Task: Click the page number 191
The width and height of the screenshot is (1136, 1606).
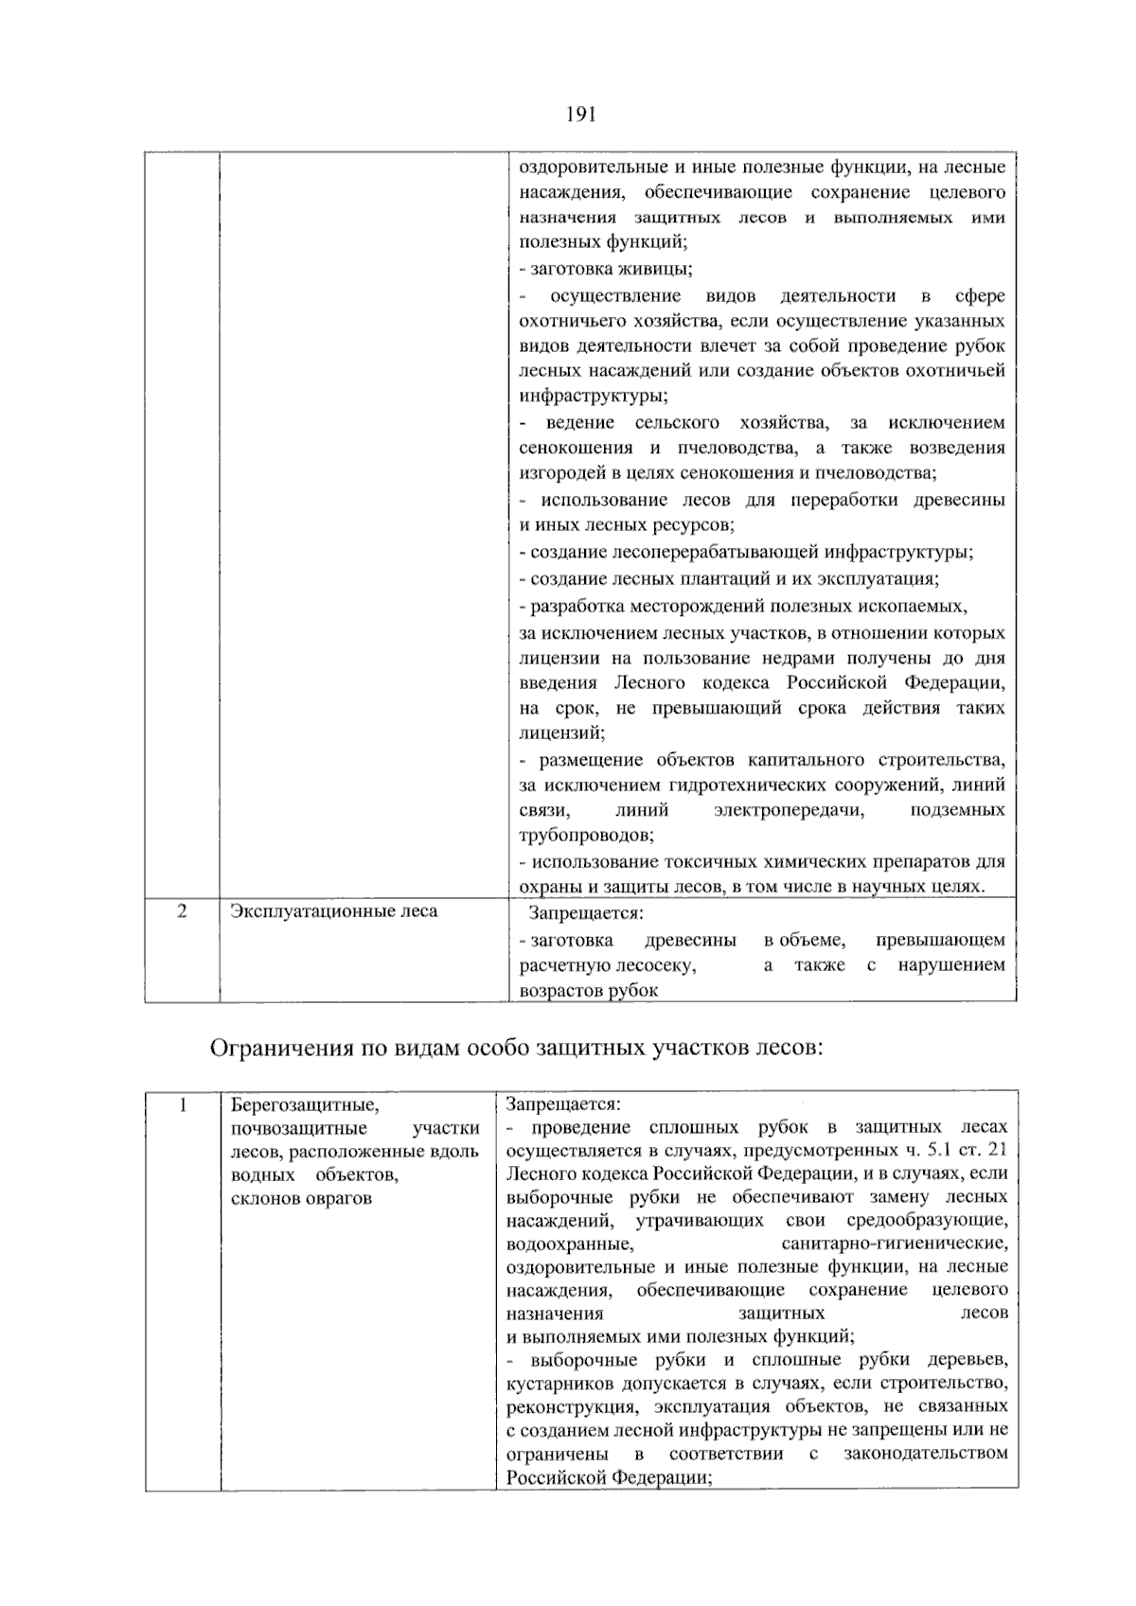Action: pos(580,115)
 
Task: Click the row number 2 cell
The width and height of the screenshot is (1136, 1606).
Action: pos(182,911)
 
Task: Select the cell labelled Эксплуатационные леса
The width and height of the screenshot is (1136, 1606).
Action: pos(334,911)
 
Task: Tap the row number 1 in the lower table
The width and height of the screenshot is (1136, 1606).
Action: pos(184,1105)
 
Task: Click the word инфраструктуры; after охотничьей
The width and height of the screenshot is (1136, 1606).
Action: pos(594,396)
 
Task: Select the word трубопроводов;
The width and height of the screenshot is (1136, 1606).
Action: pos(586,836)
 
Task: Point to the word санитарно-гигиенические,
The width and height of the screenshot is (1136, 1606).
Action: pos(895,1244)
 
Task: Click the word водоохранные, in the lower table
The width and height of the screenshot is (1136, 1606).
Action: pos(570,1244)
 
